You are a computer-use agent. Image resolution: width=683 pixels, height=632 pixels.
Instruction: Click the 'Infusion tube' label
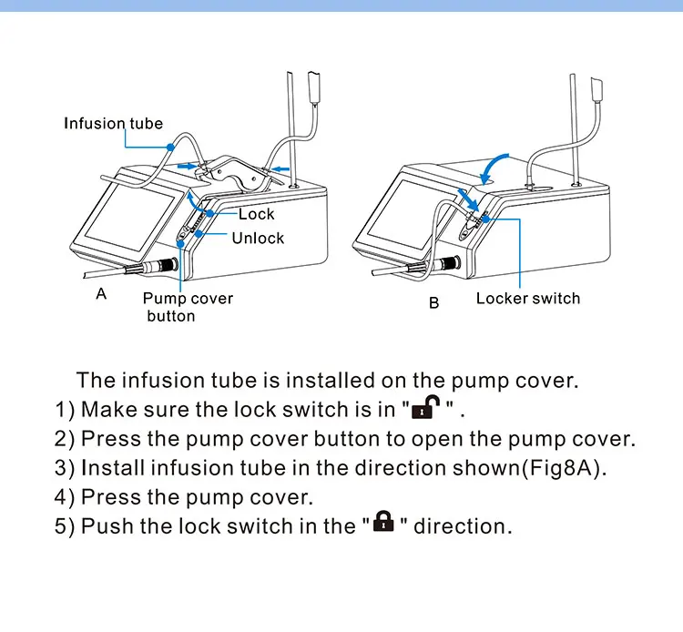(113, 123)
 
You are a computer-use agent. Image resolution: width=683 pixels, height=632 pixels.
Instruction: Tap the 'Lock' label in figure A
(256, 214)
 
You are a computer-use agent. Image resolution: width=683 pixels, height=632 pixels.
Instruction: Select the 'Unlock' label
(258, 238)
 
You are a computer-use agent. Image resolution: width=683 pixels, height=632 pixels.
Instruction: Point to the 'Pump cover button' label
(187, 307)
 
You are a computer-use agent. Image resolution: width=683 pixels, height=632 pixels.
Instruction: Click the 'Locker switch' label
(527, 298)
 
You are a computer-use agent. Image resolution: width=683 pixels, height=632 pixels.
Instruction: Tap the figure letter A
(102, 293)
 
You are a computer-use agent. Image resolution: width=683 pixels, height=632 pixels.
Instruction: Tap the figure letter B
(433, 302)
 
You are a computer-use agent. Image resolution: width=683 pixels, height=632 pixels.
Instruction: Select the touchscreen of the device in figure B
(407, 219)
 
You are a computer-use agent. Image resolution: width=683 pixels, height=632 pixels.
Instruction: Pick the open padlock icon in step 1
(425, 406)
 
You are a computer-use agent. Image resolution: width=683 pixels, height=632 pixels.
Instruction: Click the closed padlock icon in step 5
(383, 523)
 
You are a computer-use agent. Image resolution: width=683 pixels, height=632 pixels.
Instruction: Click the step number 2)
(65, 439)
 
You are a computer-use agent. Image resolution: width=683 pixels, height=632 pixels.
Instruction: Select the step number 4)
(65, 497)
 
